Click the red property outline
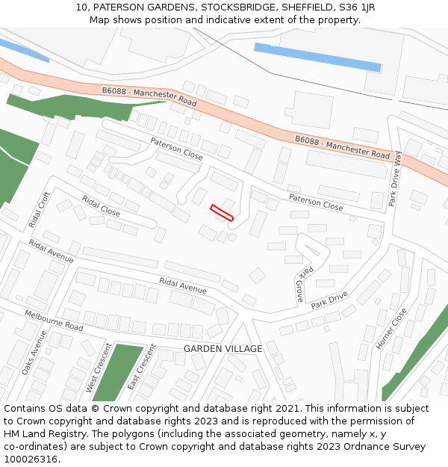(x=223, y=213)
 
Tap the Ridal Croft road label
(x=39, y=210)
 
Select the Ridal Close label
(x=101, y=205)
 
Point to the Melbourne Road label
(x=54, y=321)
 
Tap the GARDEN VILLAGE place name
(x=223, y=349)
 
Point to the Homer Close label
(x=391, y=329)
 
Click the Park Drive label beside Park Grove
(x=329, y=300)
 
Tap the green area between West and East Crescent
(x=116, y=371)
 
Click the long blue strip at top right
(x=317, y=58)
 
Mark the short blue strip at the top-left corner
(x=22, y=49)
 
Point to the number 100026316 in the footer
(x=31, y=459)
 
